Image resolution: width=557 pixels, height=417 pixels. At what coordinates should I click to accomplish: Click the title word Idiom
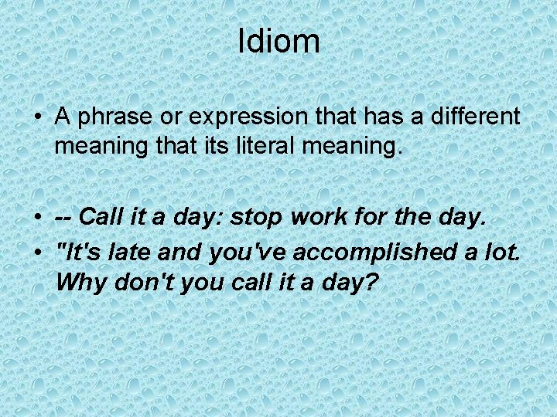pos(278,41)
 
